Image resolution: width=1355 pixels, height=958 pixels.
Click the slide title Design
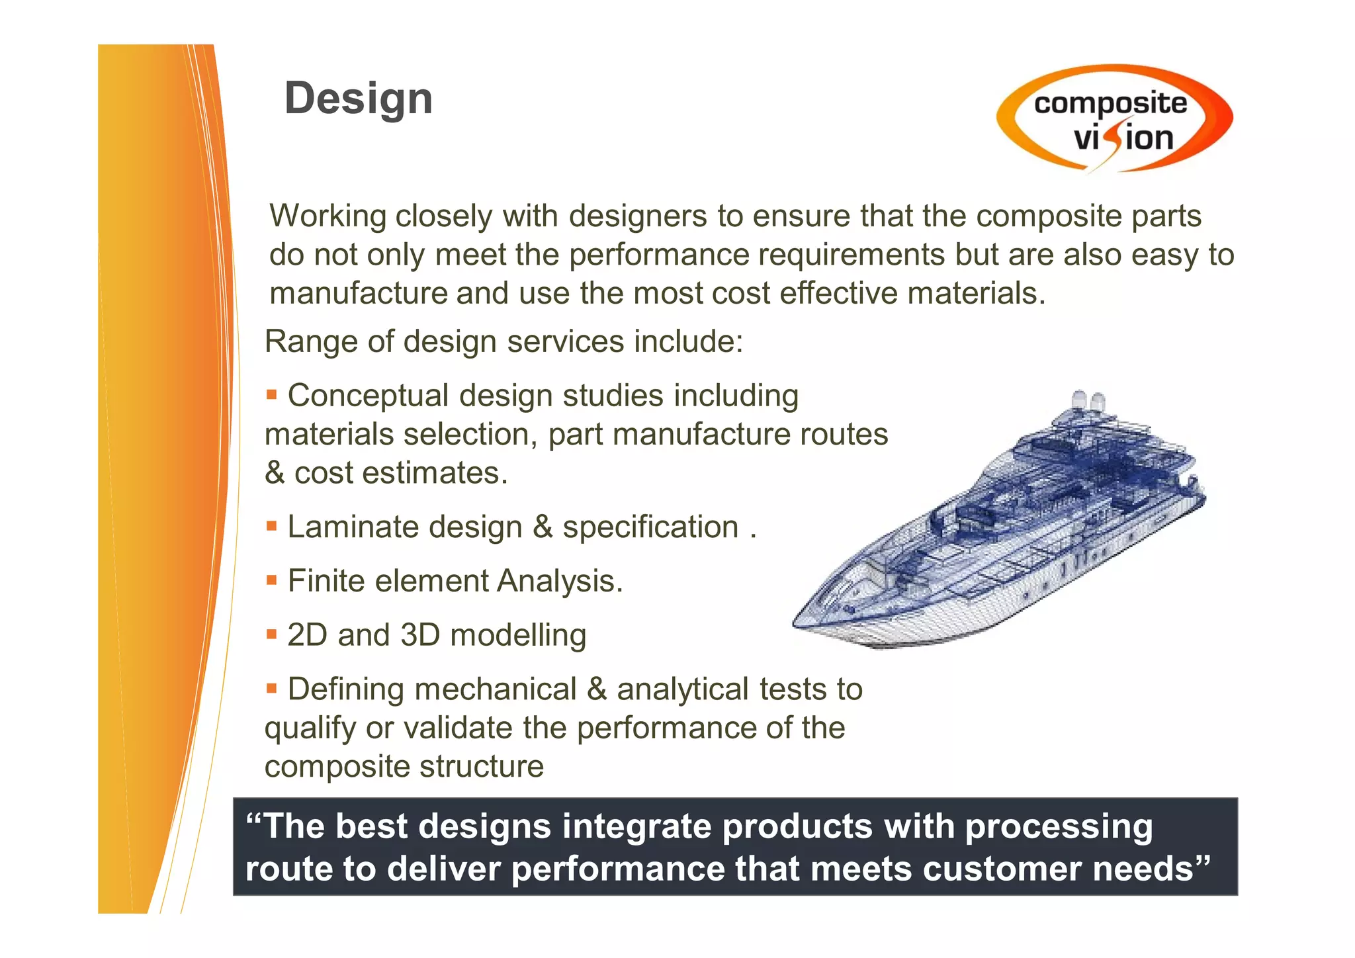click(x=358, y=99)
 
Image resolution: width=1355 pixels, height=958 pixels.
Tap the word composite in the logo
click(x=1110, y=104)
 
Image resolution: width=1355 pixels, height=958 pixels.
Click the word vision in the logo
click(x=1123, y=138)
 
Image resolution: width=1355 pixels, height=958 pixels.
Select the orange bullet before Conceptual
click(x=271, y=395)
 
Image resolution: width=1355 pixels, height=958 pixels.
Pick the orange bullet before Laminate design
click(x=271, y=527)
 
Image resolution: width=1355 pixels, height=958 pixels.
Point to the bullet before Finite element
click(x=271, y=580)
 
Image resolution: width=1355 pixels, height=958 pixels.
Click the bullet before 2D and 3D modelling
click(x=271, y=634)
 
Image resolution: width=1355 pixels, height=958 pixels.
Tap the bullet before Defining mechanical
click(x=271, y=689)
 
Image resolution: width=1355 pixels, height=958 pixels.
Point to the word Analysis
click(x=559, y=581)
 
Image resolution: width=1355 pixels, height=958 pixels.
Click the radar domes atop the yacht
click(x=1088, y=400)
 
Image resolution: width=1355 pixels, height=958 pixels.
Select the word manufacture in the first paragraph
click(x=357, y=294)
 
